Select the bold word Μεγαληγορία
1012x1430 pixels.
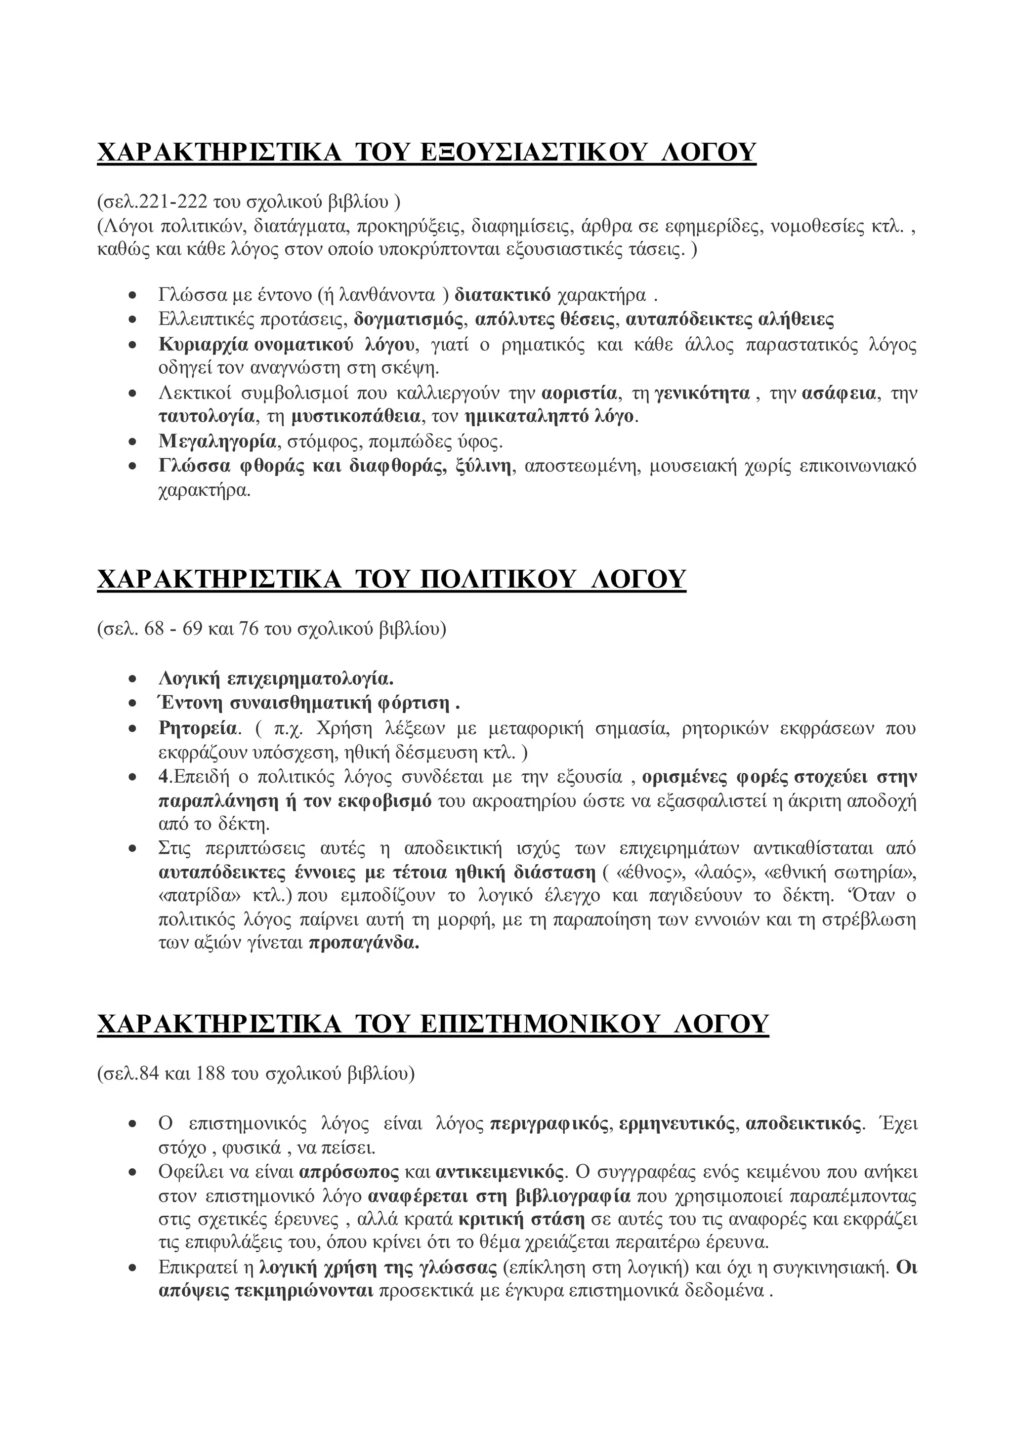pyautogui.click(x=217, y=442)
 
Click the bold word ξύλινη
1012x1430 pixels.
pyautogui.click(x=484, y=467)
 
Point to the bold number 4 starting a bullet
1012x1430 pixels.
pyautogui.click(x=163, y=778)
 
